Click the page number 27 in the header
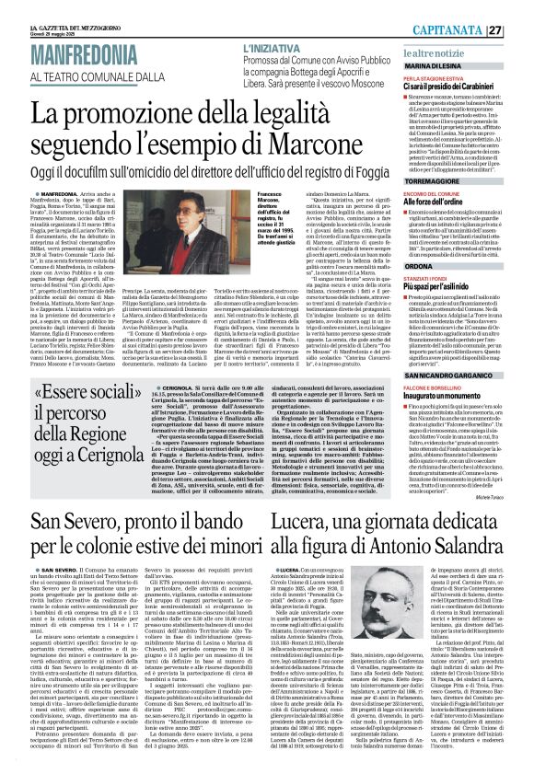click(520, 30)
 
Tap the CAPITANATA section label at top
click(476, 30)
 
